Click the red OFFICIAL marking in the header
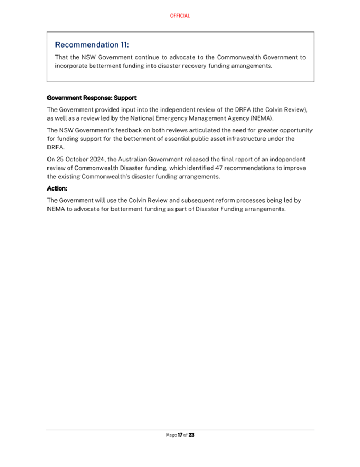click(180, 16)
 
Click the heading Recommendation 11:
click(92, 45)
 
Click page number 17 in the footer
click(180, 435)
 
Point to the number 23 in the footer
click(191, 435)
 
